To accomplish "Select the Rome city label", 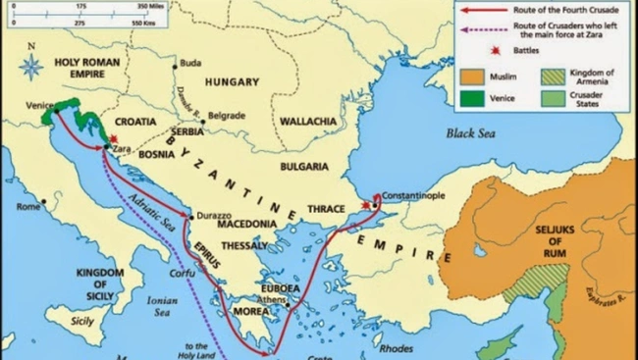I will click(x=27, y=207).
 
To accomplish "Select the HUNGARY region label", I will click(x=234, y=81).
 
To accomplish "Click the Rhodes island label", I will click(x=395, y=346).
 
